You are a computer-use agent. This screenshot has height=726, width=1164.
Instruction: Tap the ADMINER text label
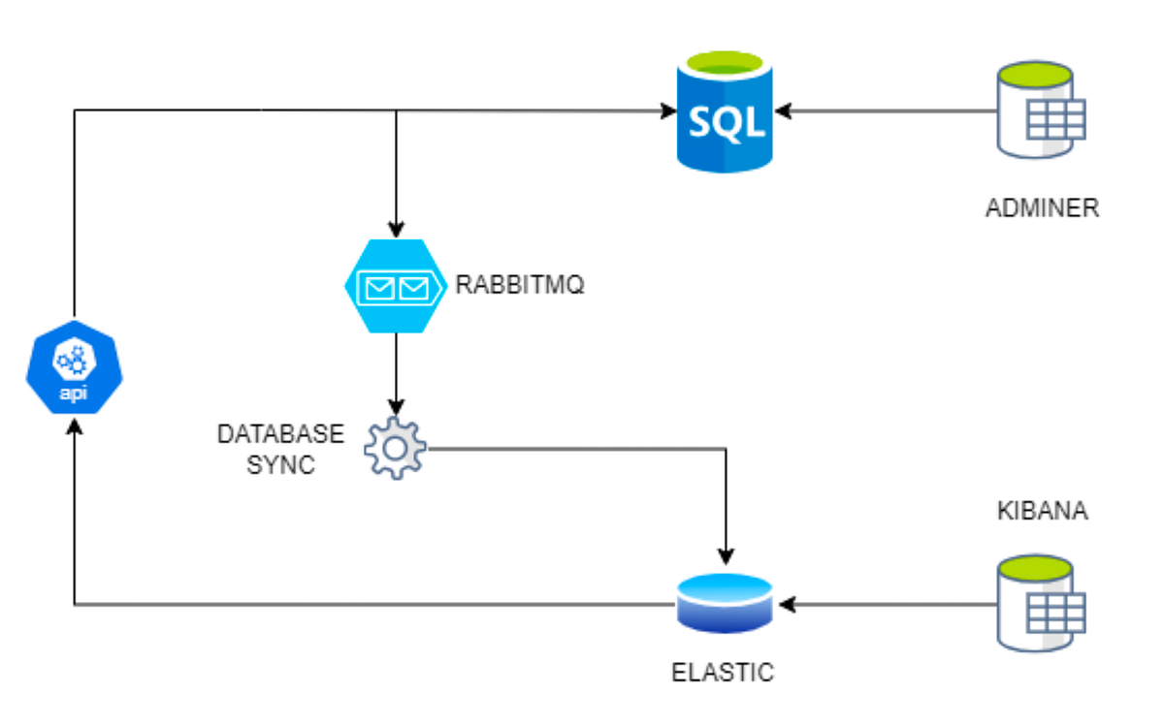pos(1042,207)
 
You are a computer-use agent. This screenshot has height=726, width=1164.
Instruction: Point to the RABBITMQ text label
pos(520,287)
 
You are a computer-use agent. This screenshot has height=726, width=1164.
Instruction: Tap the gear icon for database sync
pos(395,448)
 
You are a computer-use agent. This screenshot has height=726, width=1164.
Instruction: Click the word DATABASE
pos(280,433)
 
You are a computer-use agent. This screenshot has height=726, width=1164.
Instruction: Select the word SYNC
pos(280,464)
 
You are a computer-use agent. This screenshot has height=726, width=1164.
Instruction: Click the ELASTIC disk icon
pos(724,601)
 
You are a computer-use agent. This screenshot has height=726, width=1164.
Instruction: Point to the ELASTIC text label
pos(724,672)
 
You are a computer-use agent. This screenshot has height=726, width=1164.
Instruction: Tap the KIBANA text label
pos(1042,512)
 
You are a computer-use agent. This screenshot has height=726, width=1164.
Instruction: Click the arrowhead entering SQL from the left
pos(668,111)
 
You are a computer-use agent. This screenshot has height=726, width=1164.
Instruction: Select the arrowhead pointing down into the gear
pos(395,407)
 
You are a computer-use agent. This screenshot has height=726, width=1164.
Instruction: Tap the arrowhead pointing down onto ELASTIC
pos(725,556)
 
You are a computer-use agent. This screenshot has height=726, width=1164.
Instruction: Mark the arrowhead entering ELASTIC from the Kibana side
pos(787,606)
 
